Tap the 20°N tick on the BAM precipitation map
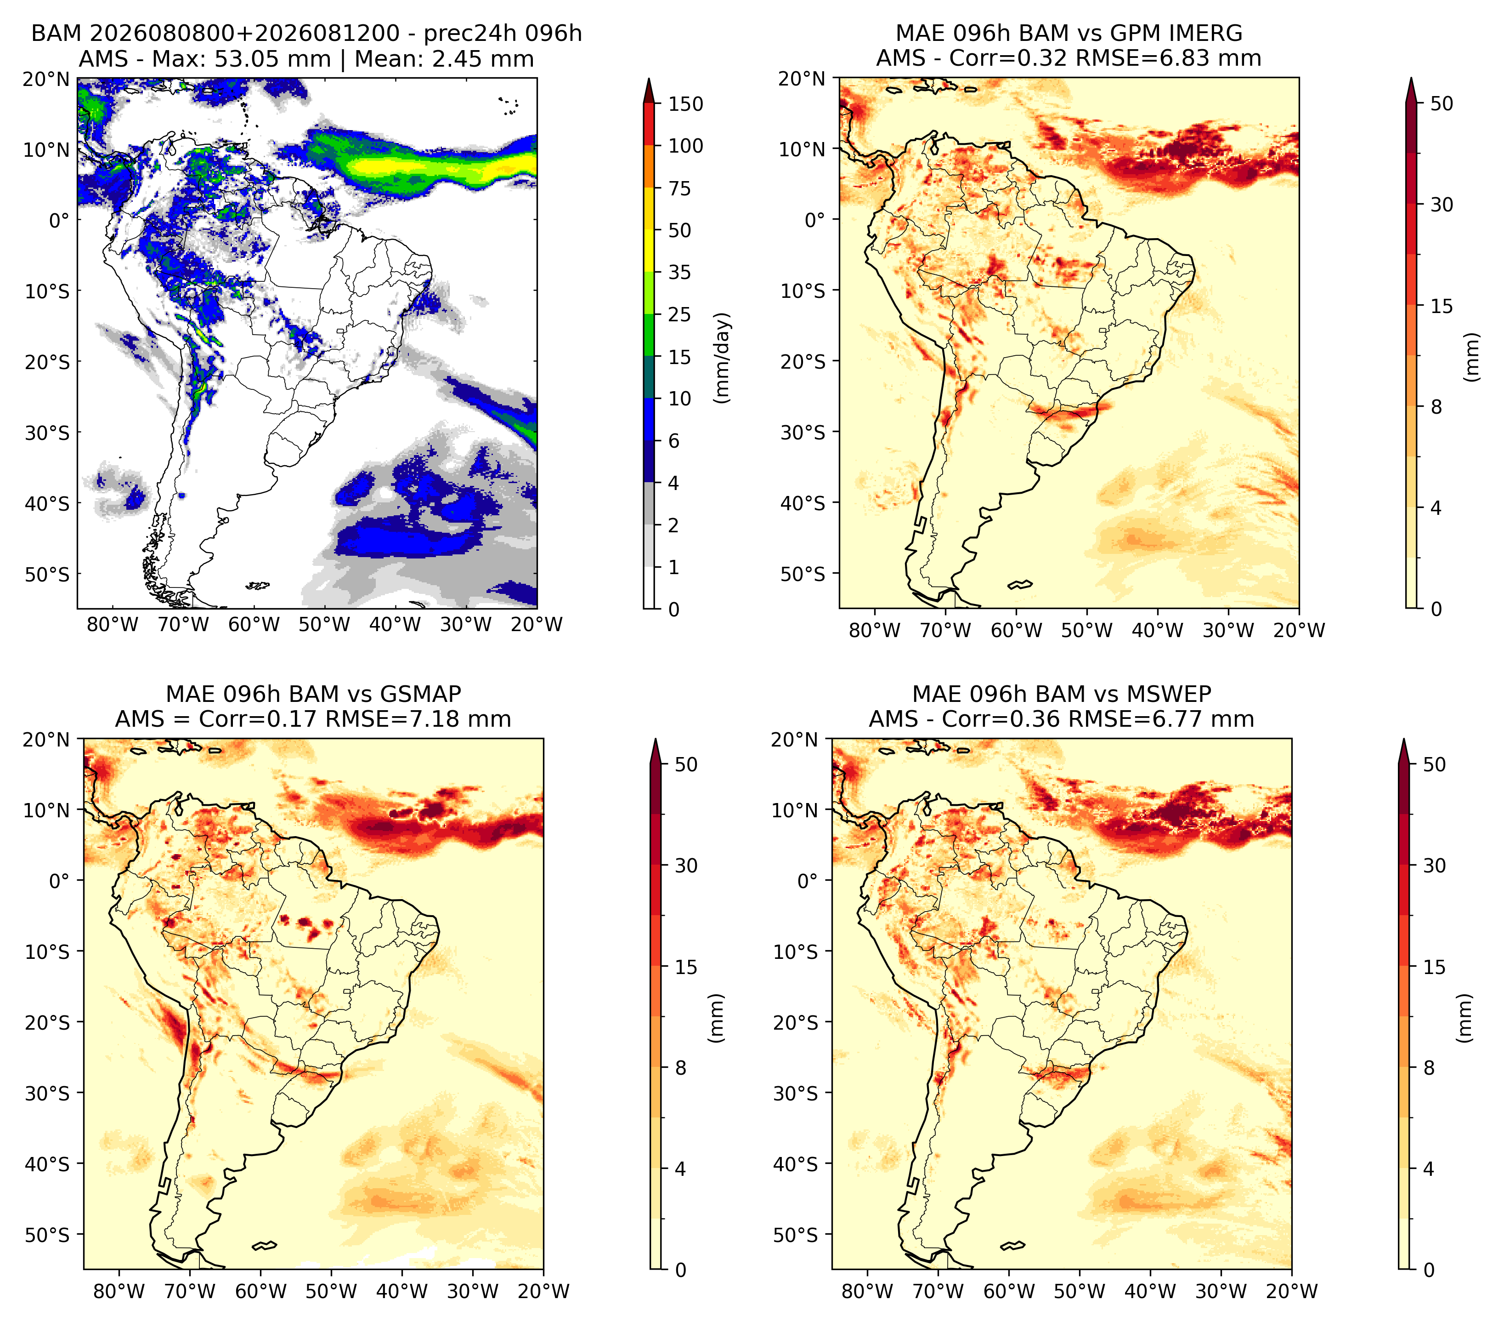[x=46, y=79]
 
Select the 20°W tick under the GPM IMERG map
[x=1299, y=630]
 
